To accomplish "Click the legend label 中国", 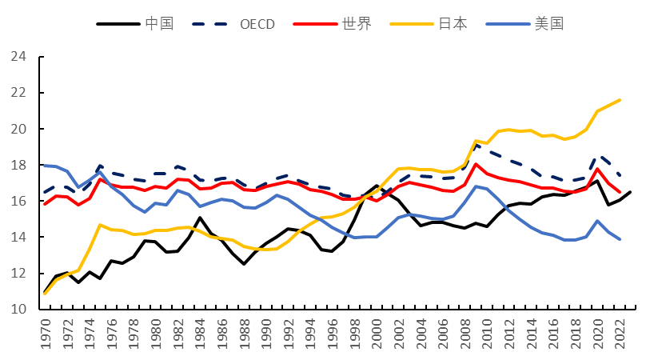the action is click(x=159, y=23).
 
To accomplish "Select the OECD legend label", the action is click(x=257, y=24).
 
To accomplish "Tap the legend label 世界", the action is click(x=357, y=23).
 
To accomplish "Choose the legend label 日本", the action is click(x=453, y=23).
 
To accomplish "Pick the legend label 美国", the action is click(x=549, y=23).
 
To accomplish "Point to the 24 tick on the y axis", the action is click(x=18, y=56).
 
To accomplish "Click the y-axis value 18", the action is click(x=18, y=165).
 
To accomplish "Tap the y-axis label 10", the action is click(x=18, y=309).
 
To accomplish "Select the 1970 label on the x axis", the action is click(x=45, y=334).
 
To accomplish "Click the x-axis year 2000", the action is click(x=377, y=334).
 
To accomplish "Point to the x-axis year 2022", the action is click(x=620, y=334).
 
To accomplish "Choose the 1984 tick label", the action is click(x=200, y=334).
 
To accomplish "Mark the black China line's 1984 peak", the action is click(x=200, y=218).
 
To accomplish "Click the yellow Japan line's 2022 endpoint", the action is click(x=620, y=100).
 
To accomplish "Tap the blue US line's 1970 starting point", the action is click(x=45, y=165).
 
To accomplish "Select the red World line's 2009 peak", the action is click(x=476, y=164).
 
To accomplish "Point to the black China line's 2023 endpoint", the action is click(x=630, y=192).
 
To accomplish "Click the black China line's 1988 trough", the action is click(x=244, y=264).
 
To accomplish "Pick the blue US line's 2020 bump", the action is click(x=597, y=221).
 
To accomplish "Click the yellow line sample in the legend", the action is click(x=412, y=24).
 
